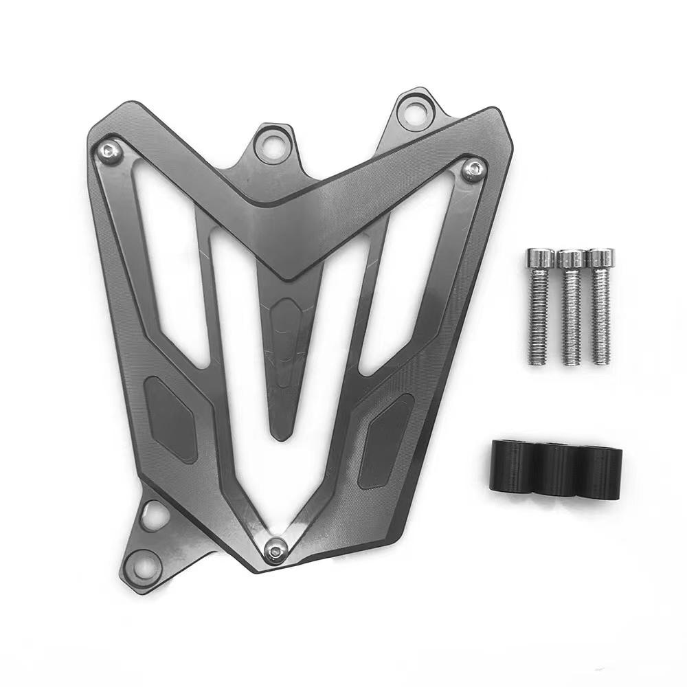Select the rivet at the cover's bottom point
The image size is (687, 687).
point(276,549)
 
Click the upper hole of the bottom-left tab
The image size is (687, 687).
point(155,514)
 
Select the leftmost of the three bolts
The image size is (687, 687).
point(539,306)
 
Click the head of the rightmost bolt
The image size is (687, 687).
point(602,258)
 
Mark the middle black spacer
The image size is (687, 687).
point(558,469)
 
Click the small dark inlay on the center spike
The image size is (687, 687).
point(282,322)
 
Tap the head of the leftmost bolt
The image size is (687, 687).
point(540,258)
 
